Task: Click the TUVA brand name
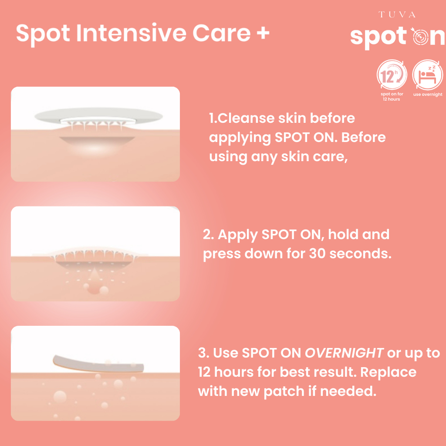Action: (397, 14)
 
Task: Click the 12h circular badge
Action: (392, 75)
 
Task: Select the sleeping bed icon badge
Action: (428, 75)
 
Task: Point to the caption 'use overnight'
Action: (428, 95)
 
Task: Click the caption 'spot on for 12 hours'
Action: (392, 96)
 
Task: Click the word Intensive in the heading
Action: (131, 33)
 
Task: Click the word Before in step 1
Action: (363, 137)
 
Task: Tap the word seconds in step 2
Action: (360, 253)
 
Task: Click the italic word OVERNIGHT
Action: (344, 353)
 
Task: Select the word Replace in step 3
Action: (388, 372)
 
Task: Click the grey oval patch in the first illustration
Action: (99, 116)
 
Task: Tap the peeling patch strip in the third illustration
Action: (98, 364)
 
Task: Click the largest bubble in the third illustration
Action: (60, 397)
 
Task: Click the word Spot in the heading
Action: (43, 34)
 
